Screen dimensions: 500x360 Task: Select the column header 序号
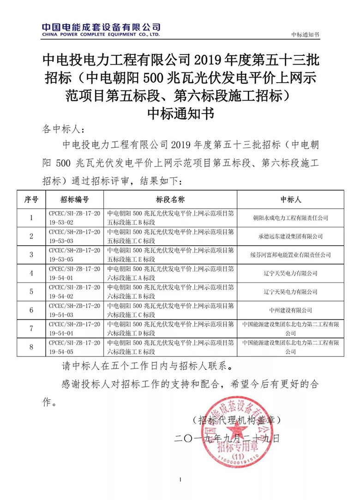tap(31, 199)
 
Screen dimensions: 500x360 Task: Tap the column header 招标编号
tap(74, 199)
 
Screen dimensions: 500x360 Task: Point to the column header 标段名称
tap(170, 199)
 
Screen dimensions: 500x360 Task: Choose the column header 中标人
tap(291, 199)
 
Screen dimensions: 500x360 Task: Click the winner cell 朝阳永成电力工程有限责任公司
tap(291, 217)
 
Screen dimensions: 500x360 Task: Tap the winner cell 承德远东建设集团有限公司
tap(291, 236)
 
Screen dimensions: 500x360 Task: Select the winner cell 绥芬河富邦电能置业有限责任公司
tap(291, 254)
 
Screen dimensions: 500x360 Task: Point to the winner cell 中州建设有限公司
tap(291, 310)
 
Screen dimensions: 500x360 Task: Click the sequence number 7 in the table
tap(31, 328)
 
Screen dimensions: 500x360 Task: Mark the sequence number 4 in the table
tap(31, 273)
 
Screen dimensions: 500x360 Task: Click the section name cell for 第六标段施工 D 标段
tap(170, 328)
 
